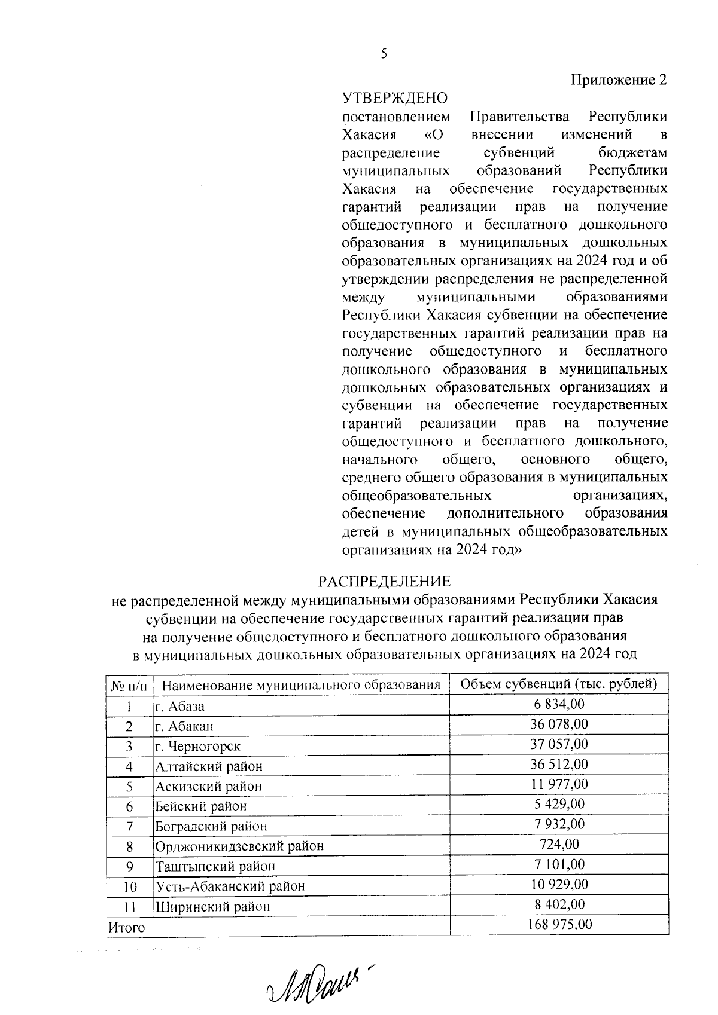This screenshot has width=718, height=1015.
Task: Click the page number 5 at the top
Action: (x=384, y=54)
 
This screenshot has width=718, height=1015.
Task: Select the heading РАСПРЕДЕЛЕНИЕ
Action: (x=384, y=581)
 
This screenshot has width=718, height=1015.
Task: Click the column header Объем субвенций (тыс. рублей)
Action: (x=559, y=684)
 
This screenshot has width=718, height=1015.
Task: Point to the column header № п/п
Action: (x=129, y=685)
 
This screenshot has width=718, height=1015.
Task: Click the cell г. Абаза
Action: (x=180, y=706)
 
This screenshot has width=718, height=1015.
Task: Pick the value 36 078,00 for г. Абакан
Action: (x=559, y=724)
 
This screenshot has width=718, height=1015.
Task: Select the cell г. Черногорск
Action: (x=197, y=746)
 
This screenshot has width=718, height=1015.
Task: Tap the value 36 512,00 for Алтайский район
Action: (x=559, y=764)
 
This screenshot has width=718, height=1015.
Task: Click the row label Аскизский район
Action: (x=208, y=786)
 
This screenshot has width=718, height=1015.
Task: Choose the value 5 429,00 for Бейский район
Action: (x=559, y=804)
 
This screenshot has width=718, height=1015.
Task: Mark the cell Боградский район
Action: (x=211, y=826)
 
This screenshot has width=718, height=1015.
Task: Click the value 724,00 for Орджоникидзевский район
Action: (x=559, y=844)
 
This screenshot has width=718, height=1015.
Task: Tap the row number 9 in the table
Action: (x=129, y=866)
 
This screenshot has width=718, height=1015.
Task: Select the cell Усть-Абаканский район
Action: (x=230, y=886)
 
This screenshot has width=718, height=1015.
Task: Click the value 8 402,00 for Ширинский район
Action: (x=559, y=904)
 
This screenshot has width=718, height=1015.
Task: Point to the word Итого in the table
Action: (x=126, y=928)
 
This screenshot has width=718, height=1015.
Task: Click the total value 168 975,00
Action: (x=559, y=924)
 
